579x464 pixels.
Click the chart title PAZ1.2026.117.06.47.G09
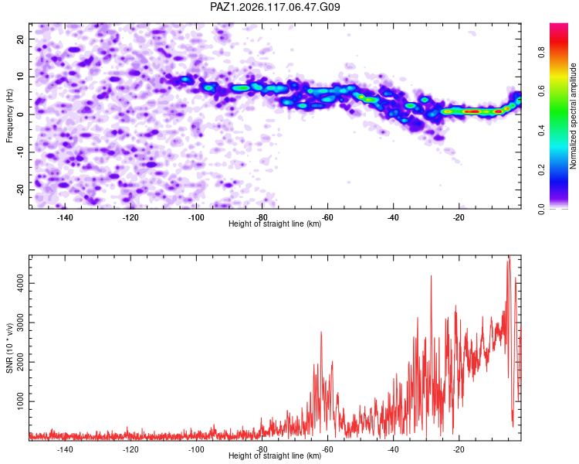[275, 7]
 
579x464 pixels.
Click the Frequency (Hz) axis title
[9, 116]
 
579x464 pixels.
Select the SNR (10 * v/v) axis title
[9, 348]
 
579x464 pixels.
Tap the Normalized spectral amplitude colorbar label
[573, 116]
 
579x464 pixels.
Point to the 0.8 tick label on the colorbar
[541, 52]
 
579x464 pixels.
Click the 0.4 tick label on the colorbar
[541, 130]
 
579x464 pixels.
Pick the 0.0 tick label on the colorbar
[541, 209]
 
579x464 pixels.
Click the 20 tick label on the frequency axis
[20, 39]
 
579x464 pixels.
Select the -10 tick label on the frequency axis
[20, 152]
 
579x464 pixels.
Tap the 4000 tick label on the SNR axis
[20, 284]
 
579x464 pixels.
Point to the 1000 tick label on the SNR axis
[20, 401]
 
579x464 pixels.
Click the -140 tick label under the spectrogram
[65, 217]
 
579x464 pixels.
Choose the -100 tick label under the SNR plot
[196, 449]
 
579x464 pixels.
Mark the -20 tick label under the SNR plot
[459, 449]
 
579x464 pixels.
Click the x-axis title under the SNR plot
[275, 455]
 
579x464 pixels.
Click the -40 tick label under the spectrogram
[393, 217]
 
